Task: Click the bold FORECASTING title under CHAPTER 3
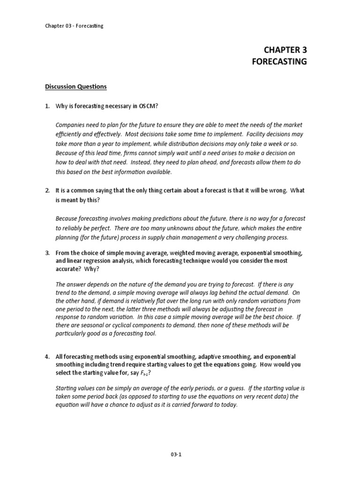click(279, 61)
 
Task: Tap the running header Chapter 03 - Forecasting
click(74, 26)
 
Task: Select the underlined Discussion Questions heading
click(76, 87)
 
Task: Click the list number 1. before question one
click(47, 106)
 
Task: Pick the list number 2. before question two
click(47, 190)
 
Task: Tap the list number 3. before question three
click(47, 253)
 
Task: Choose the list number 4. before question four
click(47, 356)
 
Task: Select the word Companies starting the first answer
click(71, 125)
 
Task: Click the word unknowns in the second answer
click(187, 228)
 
